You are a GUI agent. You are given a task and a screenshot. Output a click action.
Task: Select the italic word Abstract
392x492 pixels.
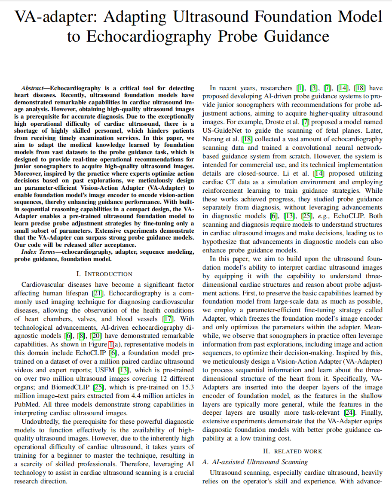point(34,88)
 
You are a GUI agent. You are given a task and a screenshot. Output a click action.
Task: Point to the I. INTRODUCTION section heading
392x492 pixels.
point(104,274)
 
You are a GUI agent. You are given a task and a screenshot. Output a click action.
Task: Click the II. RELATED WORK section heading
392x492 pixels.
point(292,451)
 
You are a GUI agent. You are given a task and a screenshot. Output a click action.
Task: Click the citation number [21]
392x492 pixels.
point(98,293)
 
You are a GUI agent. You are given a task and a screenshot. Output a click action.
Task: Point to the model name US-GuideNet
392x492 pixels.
point(224,131)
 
